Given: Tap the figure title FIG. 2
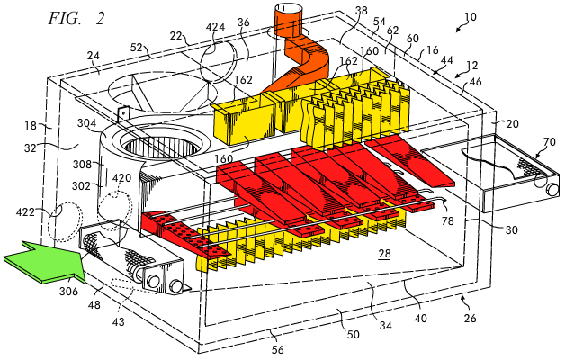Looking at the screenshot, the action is pos(76,18).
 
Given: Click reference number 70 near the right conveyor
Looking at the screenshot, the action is pos(549,142).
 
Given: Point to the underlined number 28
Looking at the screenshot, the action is pos(385,254).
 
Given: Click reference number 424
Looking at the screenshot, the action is pos(215,27).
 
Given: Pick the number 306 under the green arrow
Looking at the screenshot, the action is pos(68,291).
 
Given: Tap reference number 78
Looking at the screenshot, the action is pos(448,220).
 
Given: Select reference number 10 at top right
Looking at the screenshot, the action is pos(471,17).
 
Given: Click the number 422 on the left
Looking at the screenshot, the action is pos(25,212).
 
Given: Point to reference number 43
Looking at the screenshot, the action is pos(118,321).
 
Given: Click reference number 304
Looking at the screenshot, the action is pos(86,123).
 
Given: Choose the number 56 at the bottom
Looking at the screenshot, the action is pos(277,349).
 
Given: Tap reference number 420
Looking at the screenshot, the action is pos(122,178).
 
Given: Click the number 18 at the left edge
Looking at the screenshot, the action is pos(31,126).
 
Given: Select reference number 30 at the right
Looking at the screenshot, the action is pos(512,230).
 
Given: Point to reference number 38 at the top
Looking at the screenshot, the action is pos(361,11).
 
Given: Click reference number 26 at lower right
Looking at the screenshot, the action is pos(470,319).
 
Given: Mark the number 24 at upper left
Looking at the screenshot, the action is pos(94,56).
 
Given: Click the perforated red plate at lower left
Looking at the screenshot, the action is pos(178,232).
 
